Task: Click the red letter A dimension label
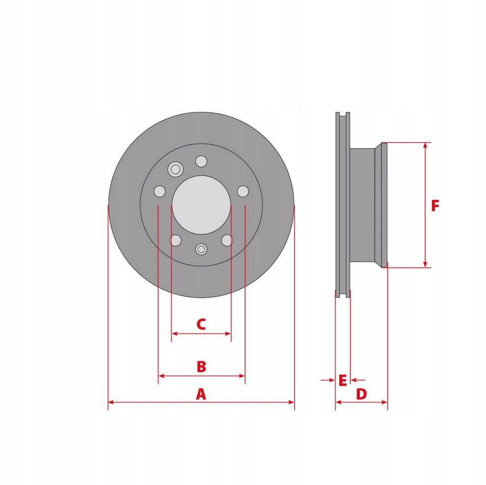pos(201,394)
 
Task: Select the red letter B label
pos(201,367)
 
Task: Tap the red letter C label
pos(201,324)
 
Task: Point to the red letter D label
pos(361,394)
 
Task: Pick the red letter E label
pos(342,380)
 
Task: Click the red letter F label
pos(435,206)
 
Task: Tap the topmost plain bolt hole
pos(201,161)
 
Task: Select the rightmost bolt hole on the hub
pos(243,191)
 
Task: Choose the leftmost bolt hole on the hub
pos(160,191)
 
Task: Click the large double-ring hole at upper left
pos(175,169)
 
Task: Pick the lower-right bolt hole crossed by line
pos(227,240)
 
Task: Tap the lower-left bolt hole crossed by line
pos(175,240)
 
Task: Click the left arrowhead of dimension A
pos(111,402)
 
